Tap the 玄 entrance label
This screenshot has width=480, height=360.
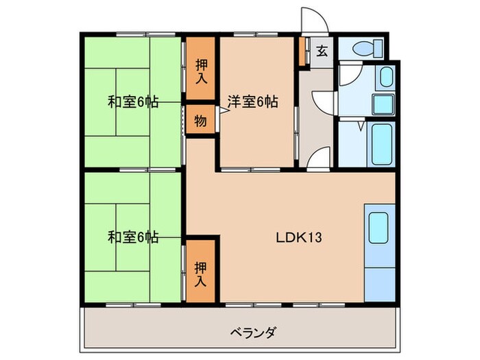322,51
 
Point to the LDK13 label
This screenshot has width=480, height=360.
299,238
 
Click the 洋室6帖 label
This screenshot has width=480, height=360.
253,102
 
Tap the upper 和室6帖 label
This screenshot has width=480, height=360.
133,102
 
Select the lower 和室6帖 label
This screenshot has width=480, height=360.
133,237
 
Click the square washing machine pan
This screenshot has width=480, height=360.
382,104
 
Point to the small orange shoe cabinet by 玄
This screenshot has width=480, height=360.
302,50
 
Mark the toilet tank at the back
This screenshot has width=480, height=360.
376,49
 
